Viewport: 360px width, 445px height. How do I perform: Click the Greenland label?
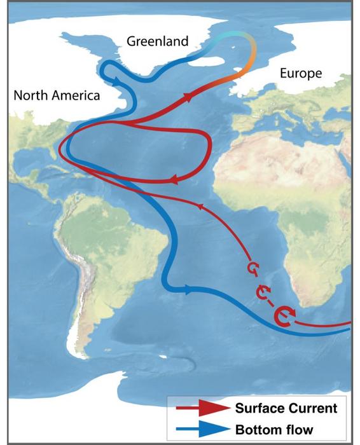[157, 42]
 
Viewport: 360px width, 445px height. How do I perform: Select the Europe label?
[300, 74]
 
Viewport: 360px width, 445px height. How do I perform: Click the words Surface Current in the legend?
[286, 408]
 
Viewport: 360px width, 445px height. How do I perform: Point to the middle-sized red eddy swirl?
[263, 292]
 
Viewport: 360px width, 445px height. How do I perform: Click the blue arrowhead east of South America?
[188, 290]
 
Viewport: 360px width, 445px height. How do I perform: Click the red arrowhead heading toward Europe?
[189, 97]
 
